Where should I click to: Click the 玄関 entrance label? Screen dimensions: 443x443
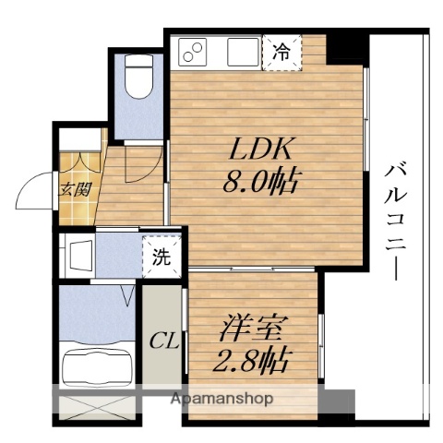pyautogui.click(x=75, y=190)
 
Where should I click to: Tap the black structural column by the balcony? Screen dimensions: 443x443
pyautogui.click(x=349, y=44)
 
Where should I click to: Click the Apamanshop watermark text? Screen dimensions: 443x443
pyautogui.click(x=221, y=400)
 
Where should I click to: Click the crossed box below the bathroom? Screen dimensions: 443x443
pyautogui.click(x=97, y=407)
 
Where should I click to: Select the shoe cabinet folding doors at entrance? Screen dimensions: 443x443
pyautogui.click(x=79, y=162)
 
